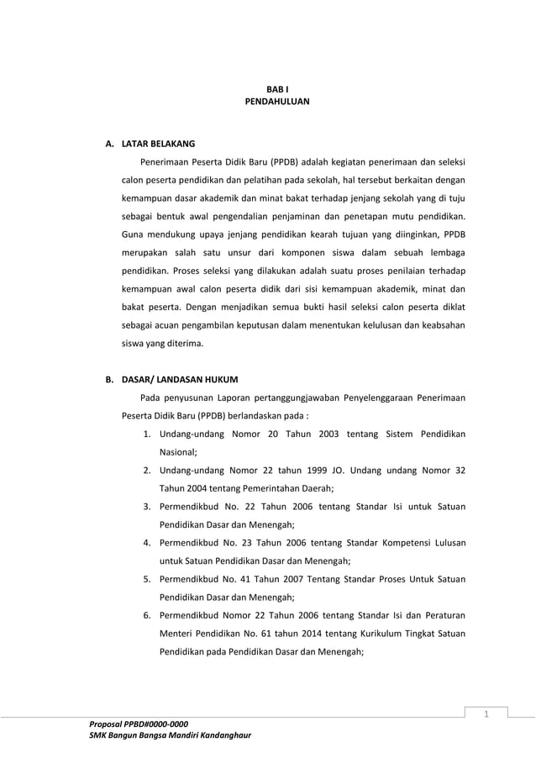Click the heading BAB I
click(276, 87)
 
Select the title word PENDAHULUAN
click(276, 101)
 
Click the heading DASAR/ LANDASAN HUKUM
click(179, 379)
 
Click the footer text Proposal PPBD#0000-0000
click(139, 724)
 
